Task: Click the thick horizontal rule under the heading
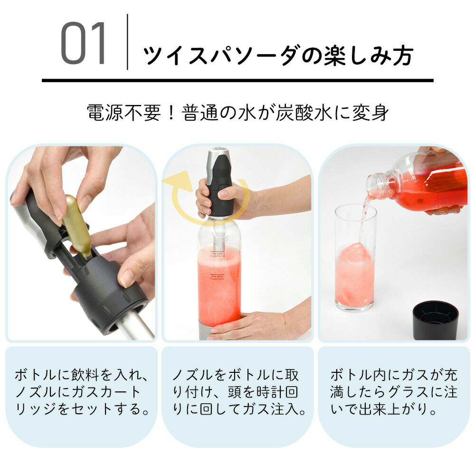[x=237, y=80]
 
